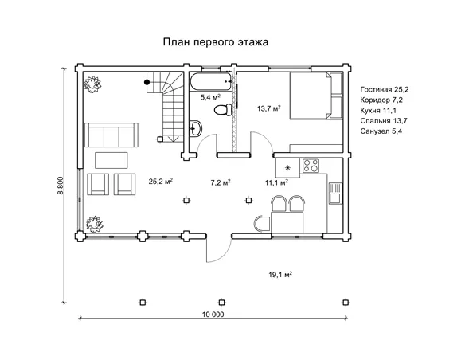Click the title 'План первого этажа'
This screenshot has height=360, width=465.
pyautogui.click(x=216, y=42)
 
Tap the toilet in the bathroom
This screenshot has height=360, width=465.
pyautogui.click(x=223, y=110)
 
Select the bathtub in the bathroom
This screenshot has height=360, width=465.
pyautogui.click(x=211, y=81)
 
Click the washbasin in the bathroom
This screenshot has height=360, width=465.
pyautogui.click(x=195, y=128)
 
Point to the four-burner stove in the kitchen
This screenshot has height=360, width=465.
pyautogui.click(x=311, y=166)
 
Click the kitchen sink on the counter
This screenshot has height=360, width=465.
pyautogui.click(x=334, y=193)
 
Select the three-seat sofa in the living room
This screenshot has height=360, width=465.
pyautogui.click(x=111, y=135)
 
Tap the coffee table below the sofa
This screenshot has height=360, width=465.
pyautogui.click(x=111, y=160)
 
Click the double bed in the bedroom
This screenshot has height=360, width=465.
pyautogui.click(x=315, y=96)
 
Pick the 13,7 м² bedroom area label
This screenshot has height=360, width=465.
pyautogui.click(x=269, y=108)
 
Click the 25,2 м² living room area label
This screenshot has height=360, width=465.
pyautogui.click(x=161, y=181)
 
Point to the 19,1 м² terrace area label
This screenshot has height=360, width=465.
pyautogui.click(x=280, y=275)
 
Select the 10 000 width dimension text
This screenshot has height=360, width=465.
pyautogui.click(x=213, y=315)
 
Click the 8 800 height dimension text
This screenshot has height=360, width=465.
pyautogui.click(x=61, y=186)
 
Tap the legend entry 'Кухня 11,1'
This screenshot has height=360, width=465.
pyautogui.click(x=378, y=111)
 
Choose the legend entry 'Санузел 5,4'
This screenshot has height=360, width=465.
pyautogui.click(x=381, y=131)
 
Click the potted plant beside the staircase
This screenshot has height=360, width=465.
pyautogui.click(x=92, y=83)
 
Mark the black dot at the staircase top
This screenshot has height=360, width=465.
pyautogui.click(x=147, y=82)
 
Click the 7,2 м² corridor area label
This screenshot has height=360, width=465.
pyautogui.click(x=221, y=182)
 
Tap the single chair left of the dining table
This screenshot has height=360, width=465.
pyautogui.click(x=262, y=224)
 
